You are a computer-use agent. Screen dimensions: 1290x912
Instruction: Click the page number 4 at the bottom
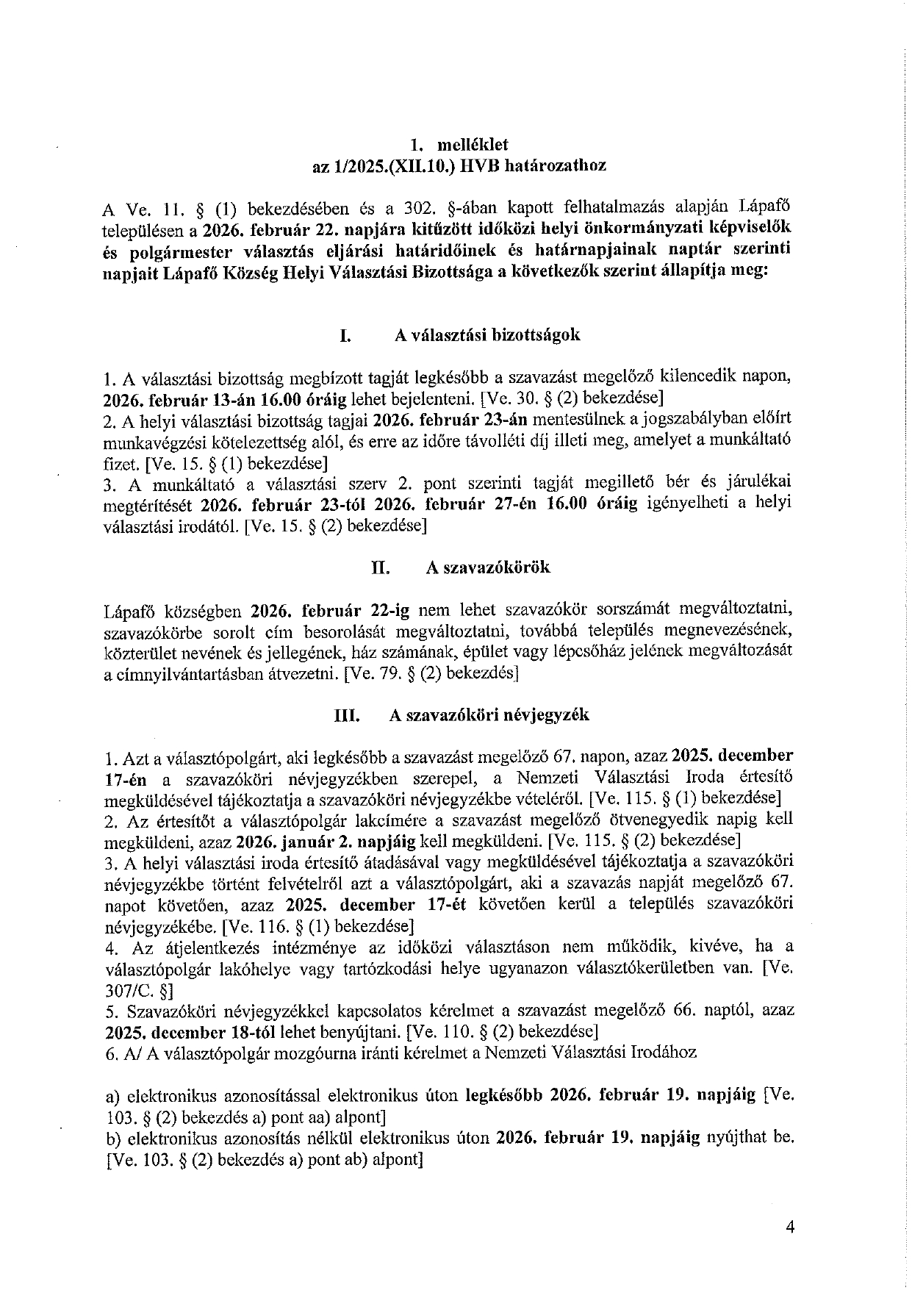click(x=790, y=1227)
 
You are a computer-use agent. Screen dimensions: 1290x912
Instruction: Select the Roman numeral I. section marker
click(x=344, y=336)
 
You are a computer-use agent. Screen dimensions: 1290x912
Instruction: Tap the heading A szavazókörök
click(x=488, y=567)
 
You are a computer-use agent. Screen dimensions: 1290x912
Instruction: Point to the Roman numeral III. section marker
click(x=347, y=715)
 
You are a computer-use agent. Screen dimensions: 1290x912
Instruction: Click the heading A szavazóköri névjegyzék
click(x=489, y=715)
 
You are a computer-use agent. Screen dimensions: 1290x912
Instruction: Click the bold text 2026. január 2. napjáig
click(x=326, y=840)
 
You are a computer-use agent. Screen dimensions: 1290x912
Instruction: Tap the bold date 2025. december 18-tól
click(x=167, y=1031)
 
